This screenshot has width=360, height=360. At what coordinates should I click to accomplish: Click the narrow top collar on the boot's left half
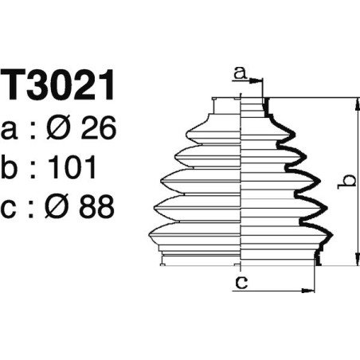click(x=227, y=105)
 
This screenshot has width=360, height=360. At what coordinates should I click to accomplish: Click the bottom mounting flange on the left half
click(x=199, y=257)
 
